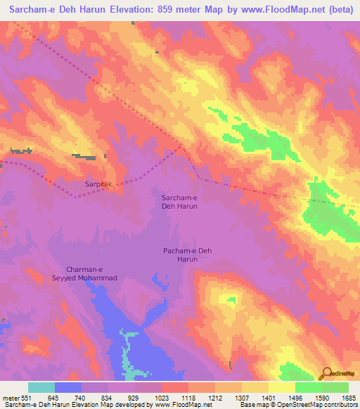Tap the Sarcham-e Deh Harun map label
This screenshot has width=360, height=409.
[179, 202]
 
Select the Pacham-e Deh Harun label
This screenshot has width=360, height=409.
[182, 255]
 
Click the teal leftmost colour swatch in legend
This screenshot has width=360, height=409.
[41, 388]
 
